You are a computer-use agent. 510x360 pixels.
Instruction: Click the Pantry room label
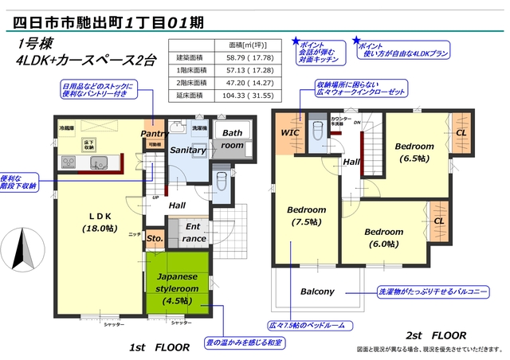point(152,134)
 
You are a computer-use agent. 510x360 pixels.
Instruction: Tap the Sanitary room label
point(188,150)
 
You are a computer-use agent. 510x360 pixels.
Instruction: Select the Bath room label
point(233,139)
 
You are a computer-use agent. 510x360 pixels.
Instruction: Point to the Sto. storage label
point(155,237)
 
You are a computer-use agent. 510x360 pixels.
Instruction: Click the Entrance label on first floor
point(194,232)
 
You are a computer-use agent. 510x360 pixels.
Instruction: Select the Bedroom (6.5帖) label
point(414,152)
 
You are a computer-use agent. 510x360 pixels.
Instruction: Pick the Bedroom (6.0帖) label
point(385,237)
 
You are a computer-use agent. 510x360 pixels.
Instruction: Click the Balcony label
point(317,292)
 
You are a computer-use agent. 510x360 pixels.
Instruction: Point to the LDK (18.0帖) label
point(100,221)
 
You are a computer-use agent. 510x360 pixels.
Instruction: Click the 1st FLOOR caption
point(159,347)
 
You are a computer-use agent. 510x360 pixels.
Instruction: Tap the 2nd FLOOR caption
point(436,335)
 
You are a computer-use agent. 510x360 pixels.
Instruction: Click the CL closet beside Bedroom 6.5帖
point(459,133)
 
